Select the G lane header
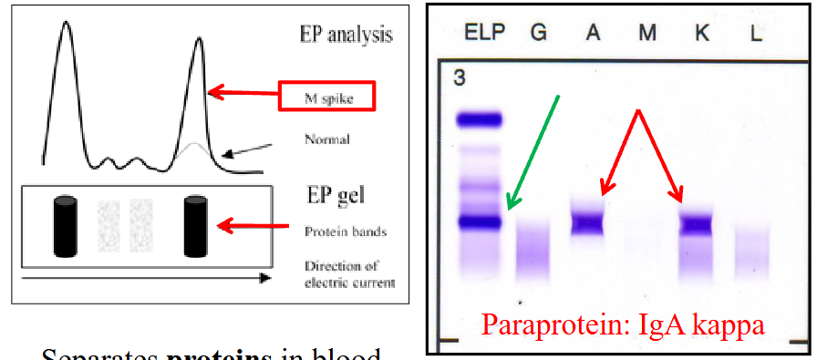click(539, 32)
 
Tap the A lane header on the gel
click(593, 32)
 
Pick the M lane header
click(647, 32)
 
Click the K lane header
click(702, 32)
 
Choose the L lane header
click(757, 32)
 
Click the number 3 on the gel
click(460, 78)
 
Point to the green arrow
click(533, 151)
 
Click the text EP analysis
click(346, 35)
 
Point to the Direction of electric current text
click(350, 274)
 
